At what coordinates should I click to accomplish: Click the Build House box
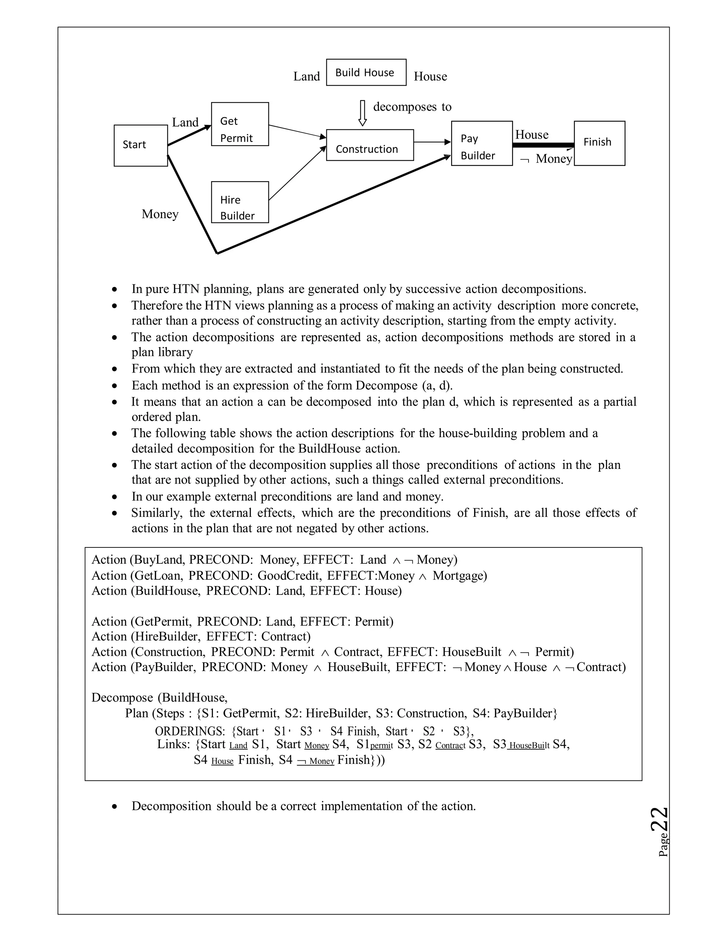click(x=366, y=73)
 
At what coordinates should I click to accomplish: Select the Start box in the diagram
click(x=141, y=145)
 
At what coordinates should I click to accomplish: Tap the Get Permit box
click(x=240, y=124)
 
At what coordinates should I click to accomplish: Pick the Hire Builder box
click(x=240, y=202)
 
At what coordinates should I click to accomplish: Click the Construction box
click(x=370, y=145)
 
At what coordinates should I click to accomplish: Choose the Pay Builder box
click(x=482, y=143)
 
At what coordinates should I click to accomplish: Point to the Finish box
click(x=599, y=143)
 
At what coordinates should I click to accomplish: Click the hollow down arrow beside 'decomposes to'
click(x=363, y=113)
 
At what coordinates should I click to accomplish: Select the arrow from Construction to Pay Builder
click(x=432, y=142)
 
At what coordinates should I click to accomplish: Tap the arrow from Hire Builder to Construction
click(x=297, y=173)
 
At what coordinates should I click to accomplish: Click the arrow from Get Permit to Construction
click(x=297, y=132)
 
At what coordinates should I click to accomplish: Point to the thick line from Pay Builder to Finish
click(x=543, y=145)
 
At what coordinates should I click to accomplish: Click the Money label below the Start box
click(x=160, y=214)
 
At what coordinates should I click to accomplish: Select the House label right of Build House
click(x=430, y=76)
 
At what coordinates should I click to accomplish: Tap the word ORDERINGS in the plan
click(x=190, y=731)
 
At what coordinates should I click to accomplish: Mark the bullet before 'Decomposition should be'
click(x=114, y=806)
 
